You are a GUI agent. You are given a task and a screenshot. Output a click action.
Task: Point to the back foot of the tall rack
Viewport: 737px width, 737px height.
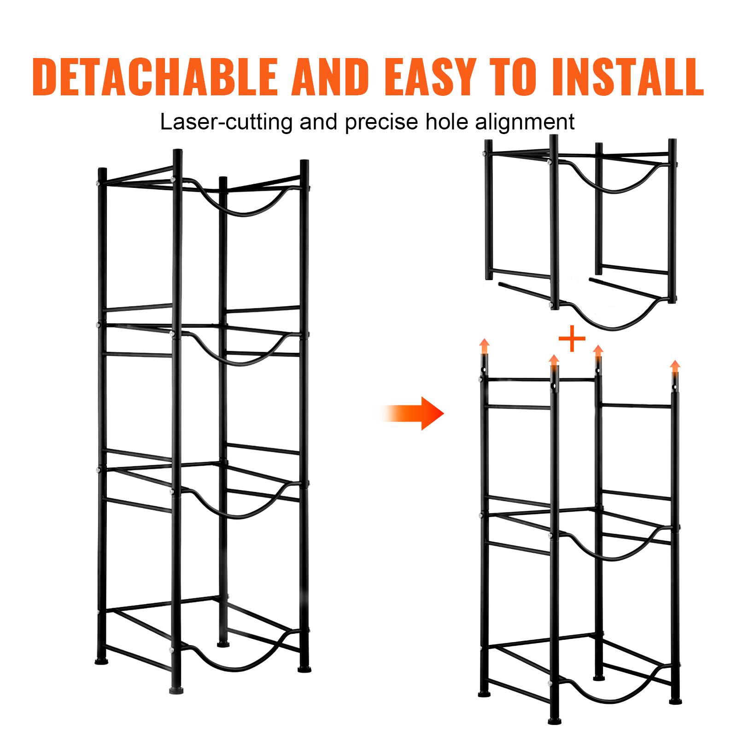coord(223,643)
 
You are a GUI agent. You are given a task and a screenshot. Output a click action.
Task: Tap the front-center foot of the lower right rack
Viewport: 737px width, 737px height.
coord(552,721)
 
